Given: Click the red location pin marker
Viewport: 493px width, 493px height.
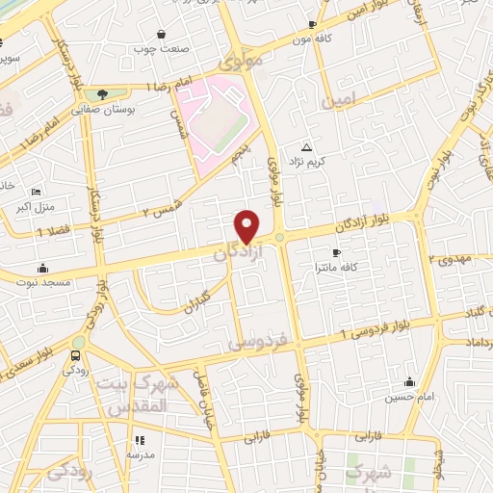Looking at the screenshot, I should click(x=246, y=225).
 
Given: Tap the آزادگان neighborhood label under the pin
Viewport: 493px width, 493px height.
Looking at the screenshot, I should click(x=233, y=253).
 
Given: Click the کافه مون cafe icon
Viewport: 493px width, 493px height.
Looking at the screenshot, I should click(x=310, y=24).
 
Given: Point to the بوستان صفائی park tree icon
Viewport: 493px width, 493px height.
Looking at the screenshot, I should click(x=102, y=93).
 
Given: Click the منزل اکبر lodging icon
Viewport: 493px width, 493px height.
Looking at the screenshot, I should click(x=36, y=193).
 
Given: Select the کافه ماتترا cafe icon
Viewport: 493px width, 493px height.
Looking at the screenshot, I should click(x=336, y=251).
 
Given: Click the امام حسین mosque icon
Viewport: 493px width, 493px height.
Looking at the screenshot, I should click(x=410, y=382).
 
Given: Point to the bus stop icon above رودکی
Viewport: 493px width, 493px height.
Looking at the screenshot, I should click(x=77, y=356).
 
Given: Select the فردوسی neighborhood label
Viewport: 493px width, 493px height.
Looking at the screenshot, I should click(x=256, y=343).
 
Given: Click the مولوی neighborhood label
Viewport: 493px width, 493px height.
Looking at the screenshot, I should click(x=240, y=63).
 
